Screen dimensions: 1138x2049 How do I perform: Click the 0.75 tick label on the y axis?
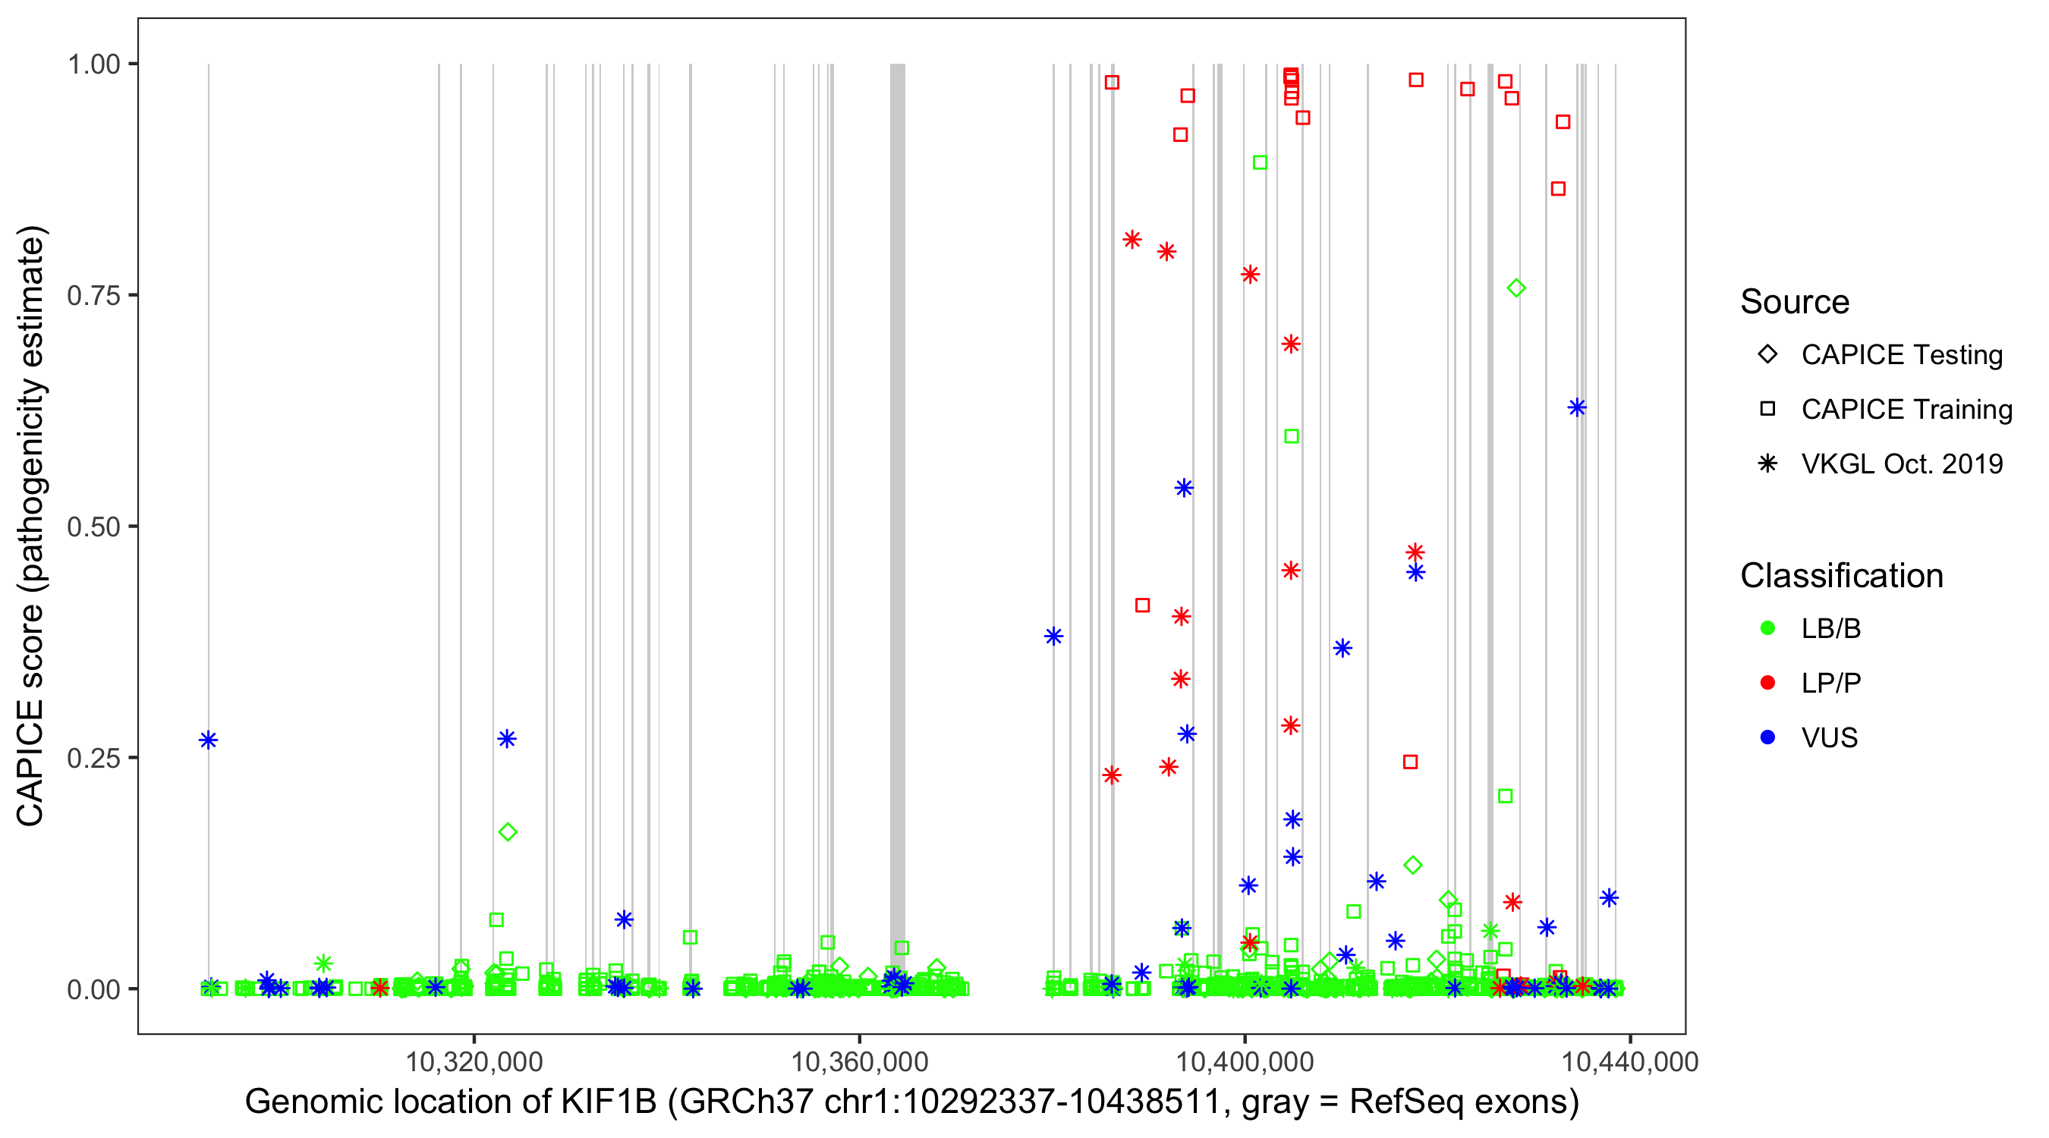[x=93, y=295]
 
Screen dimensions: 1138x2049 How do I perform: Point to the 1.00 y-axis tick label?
[x=93, y=64]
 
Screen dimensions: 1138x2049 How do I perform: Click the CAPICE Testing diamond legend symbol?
[x=1767, y=354]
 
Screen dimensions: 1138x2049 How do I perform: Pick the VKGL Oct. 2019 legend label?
[x=1902, y=464]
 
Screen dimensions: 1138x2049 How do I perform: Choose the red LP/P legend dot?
[x=1767, y=683]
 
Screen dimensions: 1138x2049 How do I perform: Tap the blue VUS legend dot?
[x=1767, y=737]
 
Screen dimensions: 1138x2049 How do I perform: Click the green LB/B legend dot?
[x=1767, y=628]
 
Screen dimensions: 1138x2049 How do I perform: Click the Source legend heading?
[x=1795, y=302]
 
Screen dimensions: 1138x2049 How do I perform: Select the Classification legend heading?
[x=1841, y=576]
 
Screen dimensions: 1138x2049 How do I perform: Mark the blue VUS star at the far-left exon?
[x=209, y=740]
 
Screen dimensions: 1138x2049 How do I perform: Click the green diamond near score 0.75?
[x=1516, y=288]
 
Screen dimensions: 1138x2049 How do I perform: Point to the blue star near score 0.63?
[x=1576, y=408]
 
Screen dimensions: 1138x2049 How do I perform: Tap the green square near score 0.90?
[x=1260, y=163]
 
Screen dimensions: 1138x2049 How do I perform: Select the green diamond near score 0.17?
[x=508, y=832]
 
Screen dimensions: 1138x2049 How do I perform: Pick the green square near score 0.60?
[x=1292, y=436]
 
